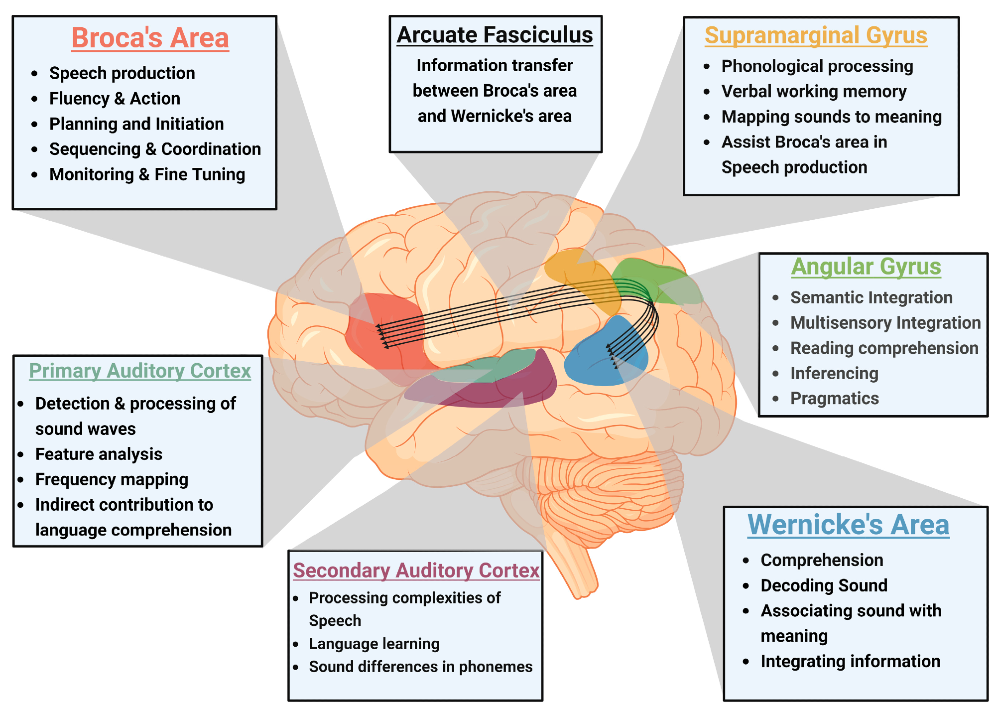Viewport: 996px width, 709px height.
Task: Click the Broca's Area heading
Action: point(150,38)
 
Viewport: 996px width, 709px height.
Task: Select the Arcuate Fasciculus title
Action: point(495,35)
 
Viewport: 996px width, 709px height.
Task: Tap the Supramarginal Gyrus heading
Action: point(816,35)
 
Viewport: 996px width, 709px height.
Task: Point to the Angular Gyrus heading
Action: point(866,266)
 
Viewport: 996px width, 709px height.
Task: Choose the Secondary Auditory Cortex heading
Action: point(416,570)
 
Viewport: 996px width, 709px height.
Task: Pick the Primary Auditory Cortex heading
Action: point(139,371)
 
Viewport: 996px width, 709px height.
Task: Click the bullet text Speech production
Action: point(122,73)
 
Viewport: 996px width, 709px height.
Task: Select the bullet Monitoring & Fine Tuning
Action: point(147,174)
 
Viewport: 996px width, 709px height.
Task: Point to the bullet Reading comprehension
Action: point(884,348)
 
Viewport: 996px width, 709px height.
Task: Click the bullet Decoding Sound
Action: point(824,585)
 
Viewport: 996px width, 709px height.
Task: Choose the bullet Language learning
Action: point(374,643)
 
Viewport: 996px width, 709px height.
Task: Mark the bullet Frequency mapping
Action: point(112,479)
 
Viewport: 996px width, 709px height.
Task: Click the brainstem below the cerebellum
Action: point(573,563)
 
